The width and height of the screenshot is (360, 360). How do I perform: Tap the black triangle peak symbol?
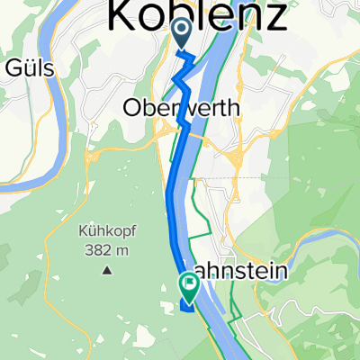click(107, 269)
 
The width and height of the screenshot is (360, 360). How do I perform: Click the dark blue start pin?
click(181, 35)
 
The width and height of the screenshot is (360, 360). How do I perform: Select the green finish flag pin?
click(190, 287)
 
